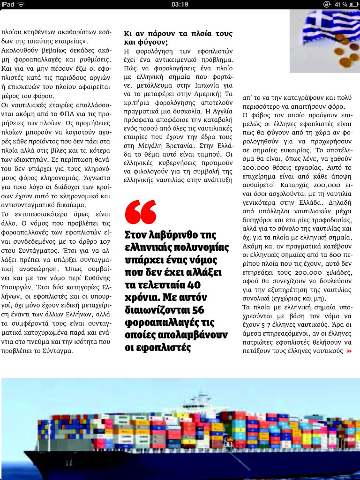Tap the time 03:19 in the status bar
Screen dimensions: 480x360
[180, 4]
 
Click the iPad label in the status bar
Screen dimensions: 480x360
[8, 4]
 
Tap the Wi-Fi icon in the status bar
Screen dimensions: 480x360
[22, 4]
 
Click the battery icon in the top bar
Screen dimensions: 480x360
[353, 4]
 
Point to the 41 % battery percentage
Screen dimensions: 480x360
[341, 4]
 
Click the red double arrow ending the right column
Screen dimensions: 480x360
[349, 351]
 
